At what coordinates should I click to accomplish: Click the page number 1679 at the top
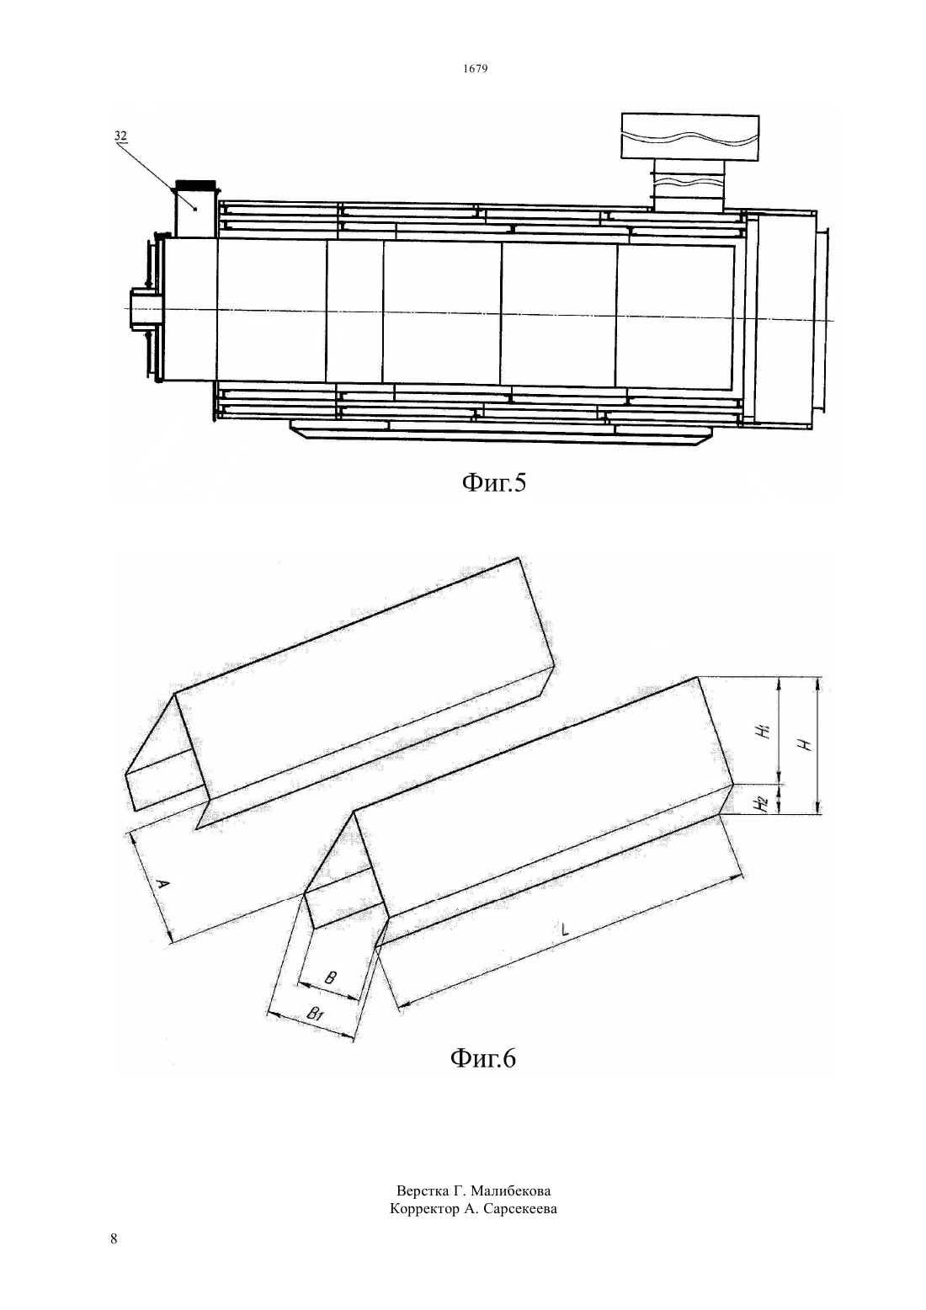pos(476,68)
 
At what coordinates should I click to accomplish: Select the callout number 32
pos(120,135)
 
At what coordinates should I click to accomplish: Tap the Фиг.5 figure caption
pos(494,483)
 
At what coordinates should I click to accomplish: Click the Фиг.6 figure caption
pos(483,1058)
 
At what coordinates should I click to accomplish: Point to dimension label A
pos(164,885)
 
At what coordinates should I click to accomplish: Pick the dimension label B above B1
pos(330,977)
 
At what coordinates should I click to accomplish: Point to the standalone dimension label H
pos(806,745)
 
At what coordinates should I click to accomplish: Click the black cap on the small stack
pos(195,184)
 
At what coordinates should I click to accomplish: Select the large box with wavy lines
pos(690,136)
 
